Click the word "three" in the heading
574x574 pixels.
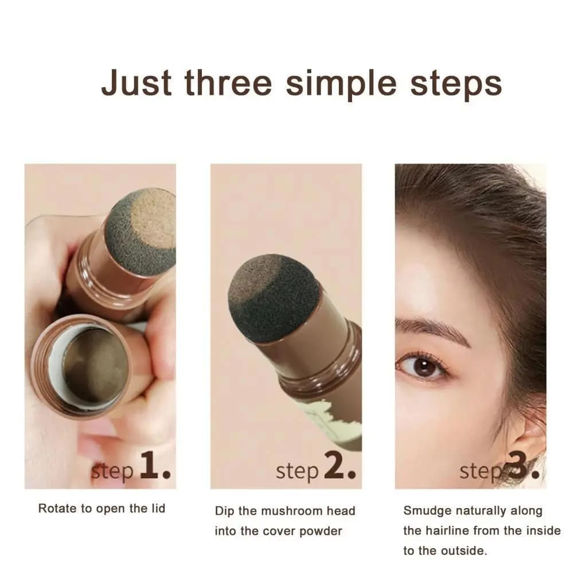tap(228, 83)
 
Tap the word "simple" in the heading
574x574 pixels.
tap(341, 84)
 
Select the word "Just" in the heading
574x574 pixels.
tap(136, 83)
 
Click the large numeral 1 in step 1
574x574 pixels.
tap(149, 465)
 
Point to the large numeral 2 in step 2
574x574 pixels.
tap(334, 465)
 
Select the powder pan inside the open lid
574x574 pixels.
tap(96, 365)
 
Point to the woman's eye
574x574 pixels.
tap(423, 366)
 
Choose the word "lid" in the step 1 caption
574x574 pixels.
tap(158, 508)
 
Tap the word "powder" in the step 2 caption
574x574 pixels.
tap(321, 532)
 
